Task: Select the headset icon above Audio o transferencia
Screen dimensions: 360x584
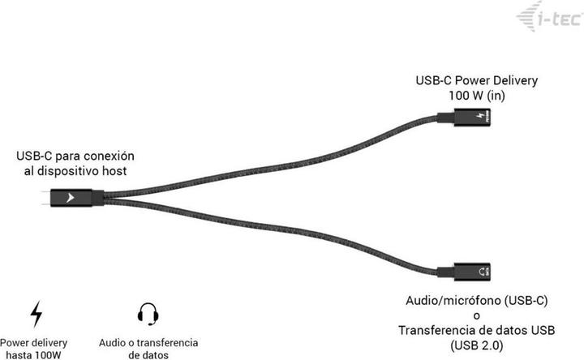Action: (x=147, y=313)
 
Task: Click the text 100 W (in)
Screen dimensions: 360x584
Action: (x=476, y=96)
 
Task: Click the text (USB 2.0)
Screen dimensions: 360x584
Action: (x=477, y=345)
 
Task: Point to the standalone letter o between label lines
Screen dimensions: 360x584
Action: (x=477, y=315)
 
